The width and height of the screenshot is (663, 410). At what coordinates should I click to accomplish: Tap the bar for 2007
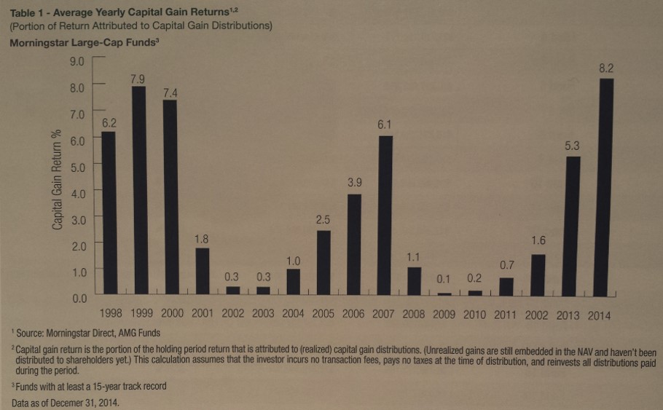point(385,216)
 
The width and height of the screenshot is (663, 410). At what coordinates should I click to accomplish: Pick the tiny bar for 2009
point(444,293)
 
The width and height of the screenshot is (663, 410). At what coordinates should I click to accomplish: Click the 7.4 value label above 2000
point(170,92)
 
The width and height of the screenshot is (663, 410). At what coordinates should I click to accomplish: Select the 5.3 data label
point(573,146)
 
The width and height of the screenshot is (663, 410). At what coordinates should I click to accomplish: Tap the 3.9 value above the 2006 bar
point(354,184)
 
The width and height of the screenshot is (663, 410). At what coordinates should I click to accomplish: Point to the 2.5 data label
point(324,219)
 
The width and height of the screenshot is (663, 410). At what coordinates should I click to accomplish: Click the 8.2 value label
point(605,68)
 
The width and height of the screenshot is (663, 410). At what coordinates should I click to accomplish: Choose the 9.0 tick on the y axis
point(77,60)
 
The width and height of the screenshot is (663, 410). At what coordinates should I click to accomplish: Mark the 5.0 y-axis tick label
point(77,166)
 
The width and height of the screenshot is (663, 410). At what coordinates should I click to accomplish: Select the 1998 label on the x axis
point(110,315)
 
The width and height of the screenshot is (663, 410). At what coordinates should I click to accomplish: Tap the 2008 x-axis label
point(414,315)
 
